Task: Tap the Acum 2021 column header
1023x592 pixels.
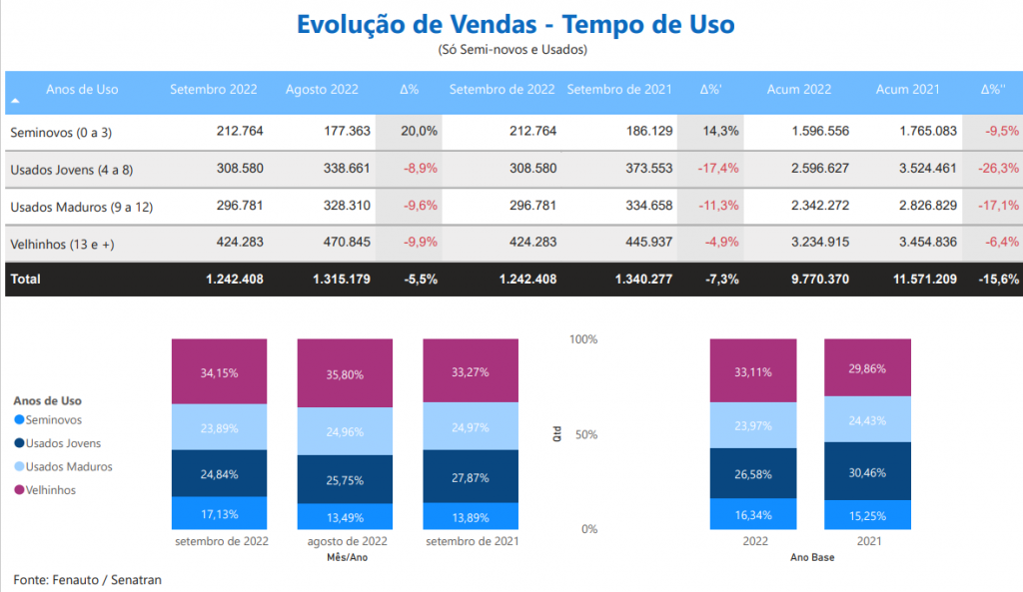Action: click(x=907, y=90)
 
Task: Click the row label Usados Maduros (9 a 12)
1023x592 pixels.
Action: click(x=73, y=207)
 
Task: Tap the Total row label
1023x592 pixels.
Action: click(x=25, y=280)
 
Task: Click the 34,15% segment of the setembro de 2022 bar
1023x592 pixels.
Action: click(x=219, y=372)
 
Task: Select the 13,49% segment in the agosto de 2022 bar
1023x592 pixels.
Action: click(x=345, y=517)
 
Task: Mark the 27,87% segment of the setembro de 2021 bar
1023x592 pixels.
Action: click(x=471, y=477)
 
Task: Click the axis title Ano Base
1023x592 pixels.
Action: click(x=811, y=557)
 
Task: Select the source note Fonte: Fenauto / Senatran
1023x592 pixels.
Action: click(x=87, y=579)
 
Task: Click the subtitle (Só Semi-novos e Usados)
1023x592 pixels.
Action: click(x=512, y=49)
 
